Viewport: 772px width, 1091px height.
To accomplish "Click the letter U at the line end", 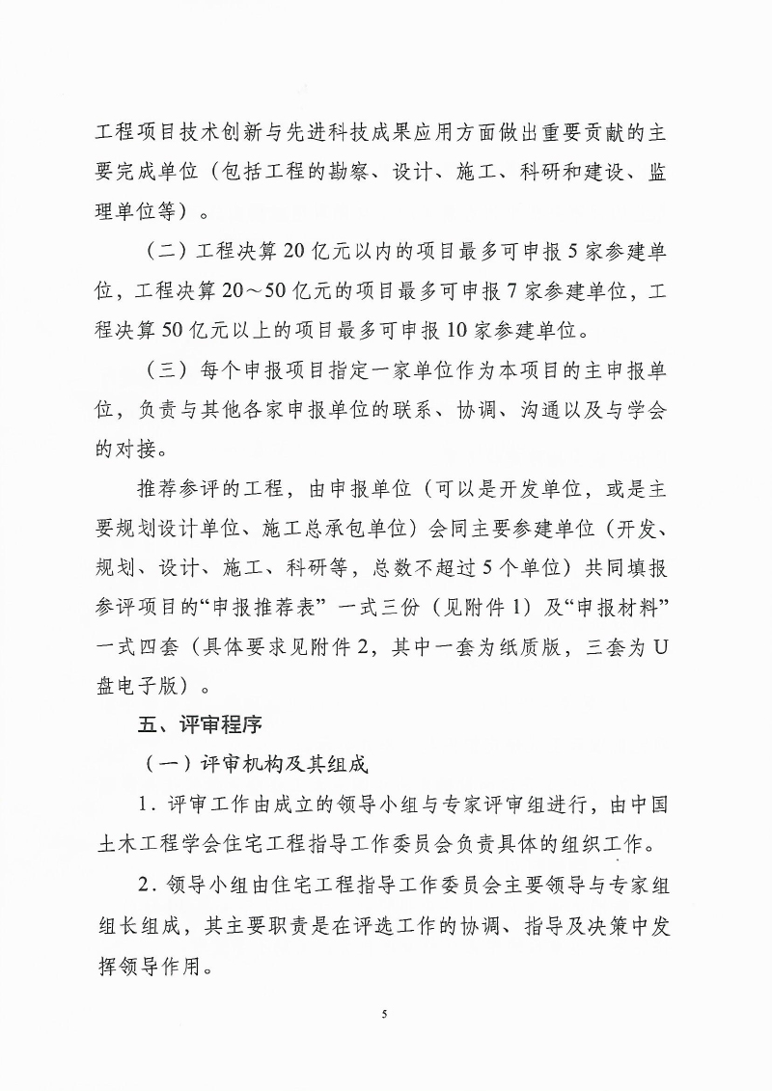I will (661, 646).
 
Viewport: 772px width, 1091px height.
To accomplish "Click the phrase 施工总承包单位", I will (360, 528).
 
